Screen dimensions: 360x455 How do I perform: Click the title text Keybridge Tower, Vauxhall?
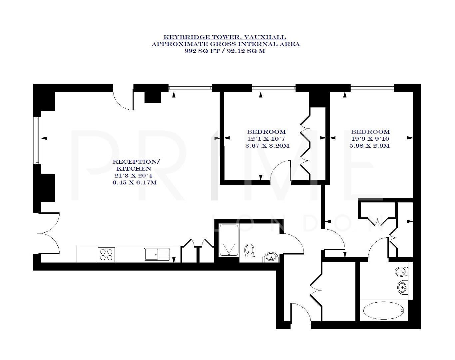[x=225, y=37]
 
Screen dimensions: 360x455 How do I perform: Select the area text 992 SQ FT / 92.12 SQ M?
[x=225, y=51]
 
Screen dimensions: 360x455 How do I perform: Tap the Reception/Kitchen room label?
[x=136, y=165]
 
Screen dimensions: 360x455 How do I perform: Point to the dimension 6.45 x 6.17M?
[x=134, y=182]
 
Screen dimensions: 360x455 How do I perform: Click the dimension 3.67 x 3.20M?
[x=267, y=146]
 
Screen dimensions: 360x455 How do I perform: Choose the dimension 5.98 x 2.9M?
[x=370, y=146]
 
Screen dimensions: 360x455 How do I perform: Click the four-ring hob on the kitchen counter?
[x=107, y=254]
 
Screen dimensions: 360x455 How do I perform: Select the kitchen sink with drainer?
[x=157, y=254]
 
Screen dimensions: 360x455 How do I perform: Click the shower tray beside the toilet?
[x=229, y=240]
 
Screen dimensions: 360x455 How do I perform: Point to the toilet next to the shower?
[x=249, y=250]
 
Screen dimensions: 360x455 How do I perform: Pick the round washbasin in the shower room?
[x=271, y=257]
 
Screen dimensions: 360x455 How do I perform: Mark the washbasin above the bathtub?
[x=402, y=287]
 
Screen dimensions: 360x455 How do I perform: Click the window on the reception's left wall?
[x=37, y=140]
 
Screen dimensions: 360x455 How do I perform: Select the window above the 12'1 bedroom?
[x=273, y=88]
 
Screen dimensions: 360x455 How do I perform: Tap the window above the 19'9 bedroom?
[x=372, y=88]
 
